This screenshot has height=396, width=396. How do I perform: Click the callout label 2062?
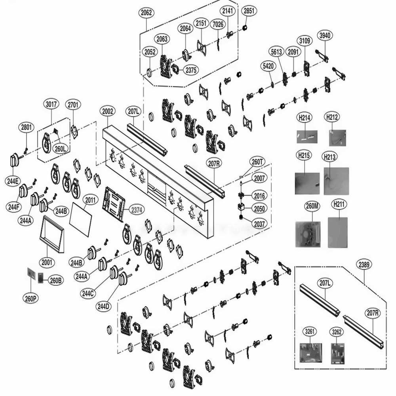click(x=146, y=13)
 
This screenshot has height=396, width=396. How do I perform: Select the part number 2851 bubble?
click(x=249, y=10)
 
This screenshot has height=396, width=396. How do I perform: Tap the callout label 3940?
click(x=325, y=36)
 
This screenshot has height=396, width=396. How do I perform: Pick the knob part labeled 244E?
click(x=14, y=160)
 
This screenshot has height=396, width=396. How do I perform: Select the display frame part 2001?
click(x=52, y=234)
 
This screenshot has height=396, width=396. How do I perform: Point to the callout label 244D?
click(x=103, y=306)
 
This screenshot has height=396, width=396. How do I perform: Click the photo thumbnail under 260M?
click(x=307, y=234)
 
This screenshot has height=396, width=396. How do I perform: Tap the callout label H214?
click(x=305, y=117)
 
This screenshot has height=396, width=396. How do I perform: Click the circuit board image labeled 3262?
click(x=337, y=353)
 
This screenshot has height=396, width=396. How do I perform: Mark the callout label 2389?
click(x=364, y=264)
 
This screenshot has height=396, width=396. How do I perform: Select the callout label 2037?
click(x=259, y=224)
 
